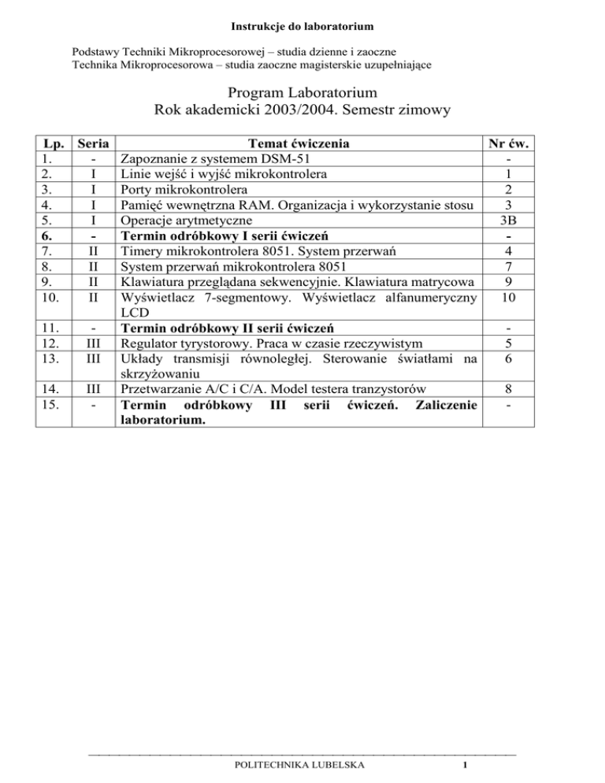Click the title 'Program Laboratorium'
[x=302, y=95]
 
